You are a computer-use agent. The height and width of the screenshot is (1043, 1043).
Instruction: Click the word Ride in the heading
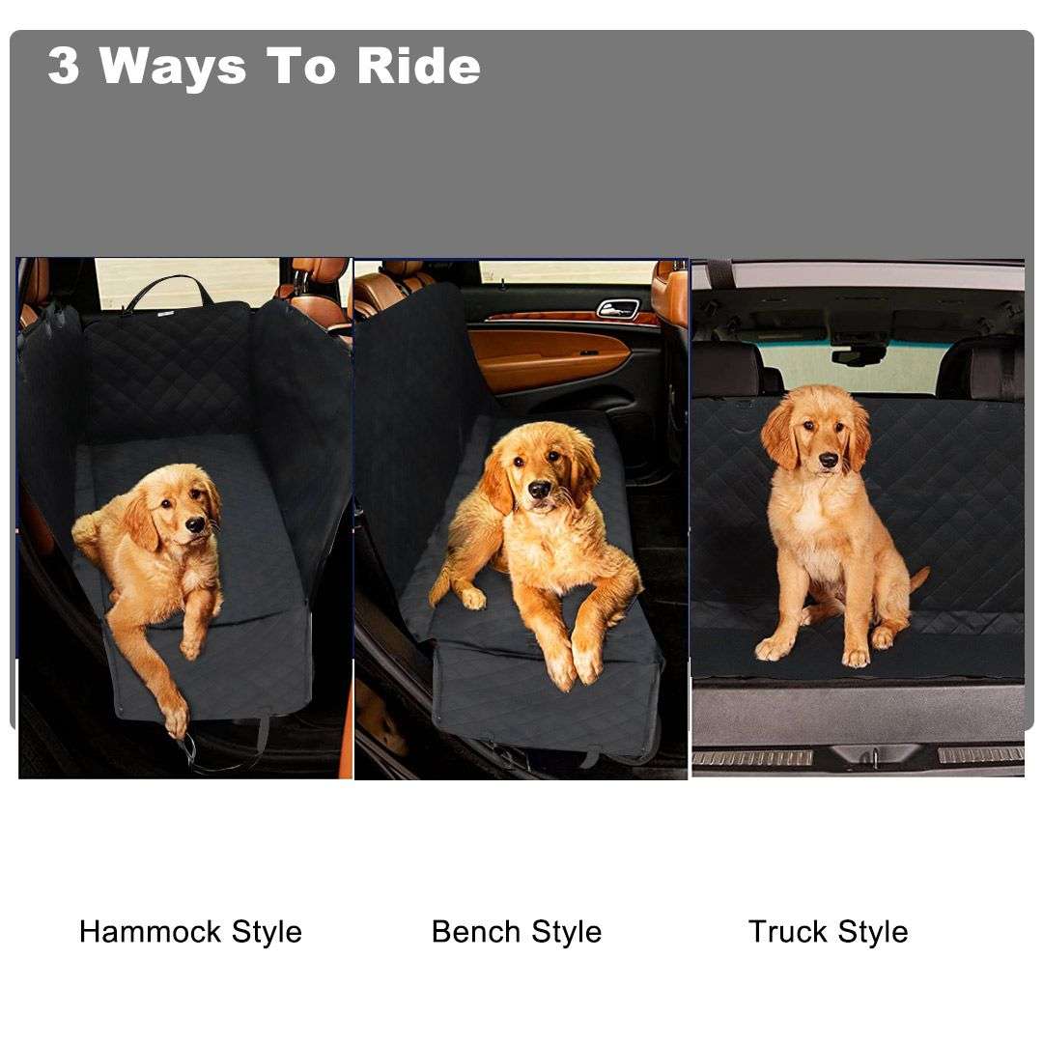click(418, 67)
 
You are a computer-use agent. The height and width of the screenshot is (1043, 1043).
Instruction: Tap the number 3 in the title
click(64, 67)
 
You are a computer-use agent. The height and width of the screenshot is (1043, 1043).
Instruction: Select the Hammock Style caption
click(190, 932)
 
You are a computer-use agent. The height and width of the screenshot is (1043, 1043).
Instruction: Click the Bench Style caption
click(517, 932)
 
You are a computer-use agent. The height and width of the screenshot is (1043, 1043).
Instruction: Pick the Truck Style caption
click(828, 932)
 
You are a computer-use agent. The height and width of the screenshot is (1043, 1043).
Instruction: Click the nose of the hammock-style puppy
click(196, 525)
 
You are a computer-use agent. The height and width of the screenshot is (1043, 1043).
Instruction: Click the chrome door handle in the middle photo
click(617, 309)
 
